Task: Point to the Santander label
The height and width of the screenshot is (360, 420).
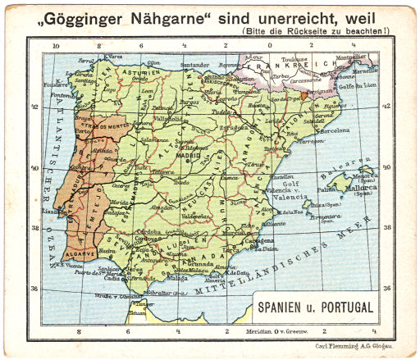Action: [195, 62]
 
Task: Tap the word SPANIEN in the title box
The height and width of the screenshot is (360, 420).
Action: [284, 308]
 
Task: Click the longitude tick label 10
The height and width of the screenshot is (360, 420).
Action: [55, 47]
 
